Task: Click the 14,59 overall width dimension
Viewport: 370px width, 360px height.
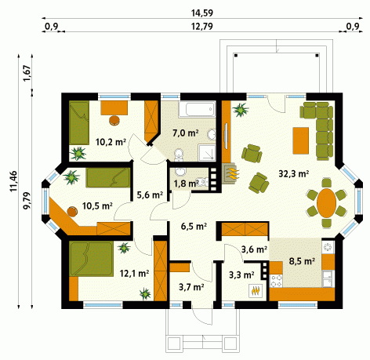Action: tap(202, 13)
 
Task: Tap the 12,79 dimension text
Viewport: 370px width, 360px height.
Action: tap(202, 27)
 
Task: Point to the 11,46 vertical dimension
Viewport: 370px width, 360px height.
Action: tap(13, 181)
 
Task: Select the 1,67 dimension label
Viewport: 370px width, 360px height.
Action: tap(27, 73)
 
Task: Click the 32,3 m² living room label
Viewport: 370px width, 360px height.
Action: tap(294, 173)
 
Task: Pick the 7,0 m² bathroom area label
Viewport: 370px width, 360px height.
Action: tap(186, 133)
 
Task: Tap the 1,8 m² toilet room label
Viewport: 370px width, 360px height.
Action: tap(186, 184)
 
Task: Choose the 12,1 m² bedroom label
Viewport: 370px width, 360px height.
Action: tap(134, 274)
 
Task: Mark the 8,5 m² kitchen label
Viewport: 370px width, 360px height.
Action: tap(302, 261)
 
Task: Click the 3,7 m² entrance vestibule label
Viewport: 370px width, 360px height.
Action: tap(191, 287)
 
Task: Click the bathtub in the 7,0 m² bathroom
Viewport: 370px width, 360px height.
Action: tap(197, 109)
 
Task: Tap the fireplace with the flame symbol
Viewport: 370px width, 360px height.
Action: tap(230, 173)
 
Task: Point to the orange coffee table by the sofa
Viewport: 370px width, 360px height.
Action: tap(301, 140)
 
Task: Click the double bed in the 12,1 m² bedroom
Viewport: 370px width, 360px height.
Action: tap(91, 259)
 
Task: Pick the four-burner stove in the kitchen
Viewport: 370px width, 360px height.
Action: tap(276, 281)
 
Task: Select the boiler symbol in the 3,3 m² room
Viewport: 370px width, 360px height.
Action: tap(256, 290)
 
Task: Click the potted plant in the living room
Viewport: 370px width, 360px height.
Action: tap(241, 110)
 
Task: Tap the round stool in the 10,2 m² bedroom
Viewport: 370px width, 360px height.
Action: tap(114, 121)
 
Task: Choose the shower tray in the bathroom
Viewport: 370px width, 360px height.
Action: tap(207, 152)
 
